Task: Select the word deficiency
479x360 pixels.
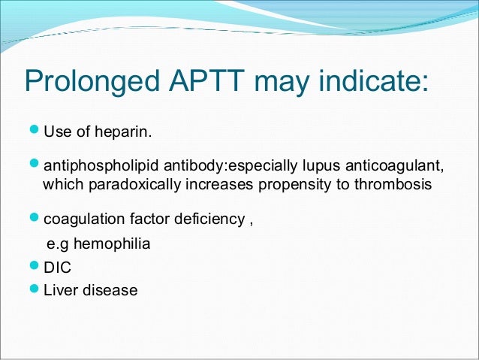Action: point(204,220)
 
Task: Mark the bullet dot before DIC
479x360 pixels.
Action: point(34,267)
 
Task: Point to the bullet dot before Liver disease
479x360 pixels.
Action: point(34,289)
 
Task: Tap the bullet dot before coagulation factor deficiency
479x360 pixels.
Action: point(34,219)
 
